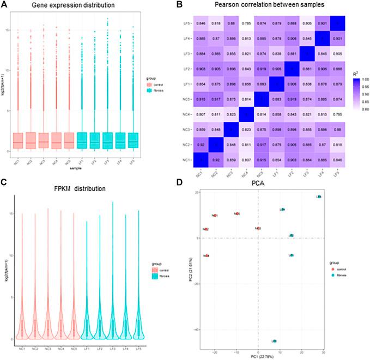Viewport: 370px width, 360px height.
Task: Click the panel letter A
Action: (5, 5)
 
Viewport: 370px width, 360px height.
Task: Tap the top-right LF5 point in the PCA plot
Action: (319, 197)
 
